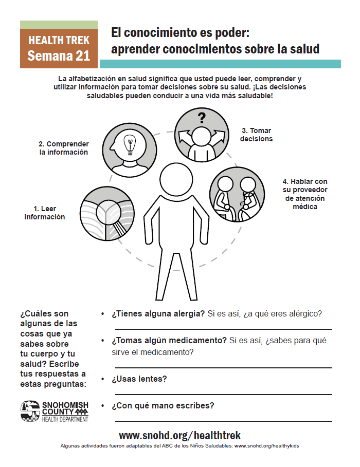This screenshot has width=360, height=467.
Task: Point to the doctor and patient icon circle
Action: coord(237,194)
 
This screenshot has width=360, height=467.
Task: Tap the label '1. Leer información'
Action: coord(45,213)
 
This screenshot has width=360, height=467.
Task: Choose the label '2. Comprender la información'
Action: coord(64,148)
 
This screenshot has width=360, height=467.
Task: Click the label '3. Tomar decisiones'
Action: coord(257,135)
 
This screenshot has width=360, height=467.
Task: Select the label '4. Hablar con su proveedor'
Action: coord(304,194)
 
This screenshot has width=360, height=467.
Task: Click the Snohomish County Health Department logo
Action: coord(55,412)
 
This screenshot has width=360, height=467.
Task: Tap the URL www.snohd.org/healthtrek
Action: coord(179,435)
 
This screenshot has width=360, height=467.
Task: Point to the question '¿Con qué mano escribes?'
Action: coord(163,405)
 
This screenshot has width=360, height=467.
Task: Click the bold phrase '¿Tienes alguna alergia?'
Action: coord(158,313)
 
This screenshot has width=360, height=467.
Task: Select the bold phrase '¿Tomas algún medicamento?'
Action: coord(169,340)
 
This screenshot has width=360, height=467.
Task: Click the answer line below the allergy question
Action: coord(223,329)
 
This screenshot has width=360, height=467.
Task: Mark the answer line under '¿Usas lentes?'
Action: coord(223,394)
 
